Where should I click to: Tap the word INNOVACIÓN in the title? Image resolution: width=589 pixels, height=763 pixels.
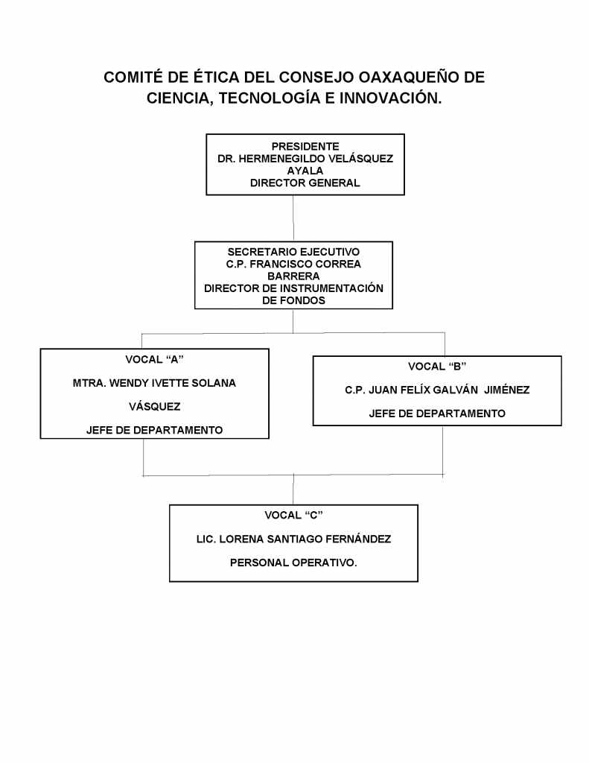[x=390, y=98]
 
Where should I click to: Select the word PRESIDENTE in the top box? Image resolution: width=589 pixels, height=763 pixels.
[x=305, y=147]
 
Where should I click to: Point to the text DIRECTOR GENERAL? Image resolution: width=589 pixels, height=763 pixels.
[x=305, y=183]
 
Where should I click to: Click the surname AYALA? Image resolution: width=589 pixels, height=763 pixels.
[x=305, y=171]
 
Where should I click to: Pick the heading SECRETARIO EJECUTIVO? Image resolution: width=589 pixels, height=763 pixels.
[x=294, y=252]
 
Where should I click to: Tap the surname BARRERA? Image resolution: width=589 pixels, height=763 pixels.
[x=294, y=276]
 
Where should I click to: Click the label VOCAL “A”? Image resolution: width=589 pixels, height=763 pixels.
[x=154, y=360]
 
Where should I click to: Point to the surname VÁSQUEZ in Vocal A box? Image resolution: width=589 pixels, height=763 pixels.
[x=155, y=407]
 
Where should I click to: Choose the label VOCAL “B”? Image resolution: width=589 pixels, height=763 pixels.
[x=437, y=367]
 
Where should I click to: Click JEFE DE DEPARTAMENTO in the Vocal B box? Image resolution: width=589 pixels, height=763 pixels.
[x=437, y=414]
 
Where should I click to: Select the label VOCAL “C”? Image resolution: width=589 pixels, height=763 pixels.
[x=294, y=516]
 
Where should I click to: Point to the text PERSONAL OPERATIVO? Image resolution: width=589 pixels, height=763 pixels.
[x=293, y=563]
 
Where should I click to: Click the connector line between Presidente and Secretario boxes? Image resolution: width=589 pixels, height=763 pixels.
[x=293, y=218]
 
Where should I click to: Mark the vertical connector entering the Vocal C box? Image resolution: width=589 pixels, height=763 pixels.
[x=293, y=490]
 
